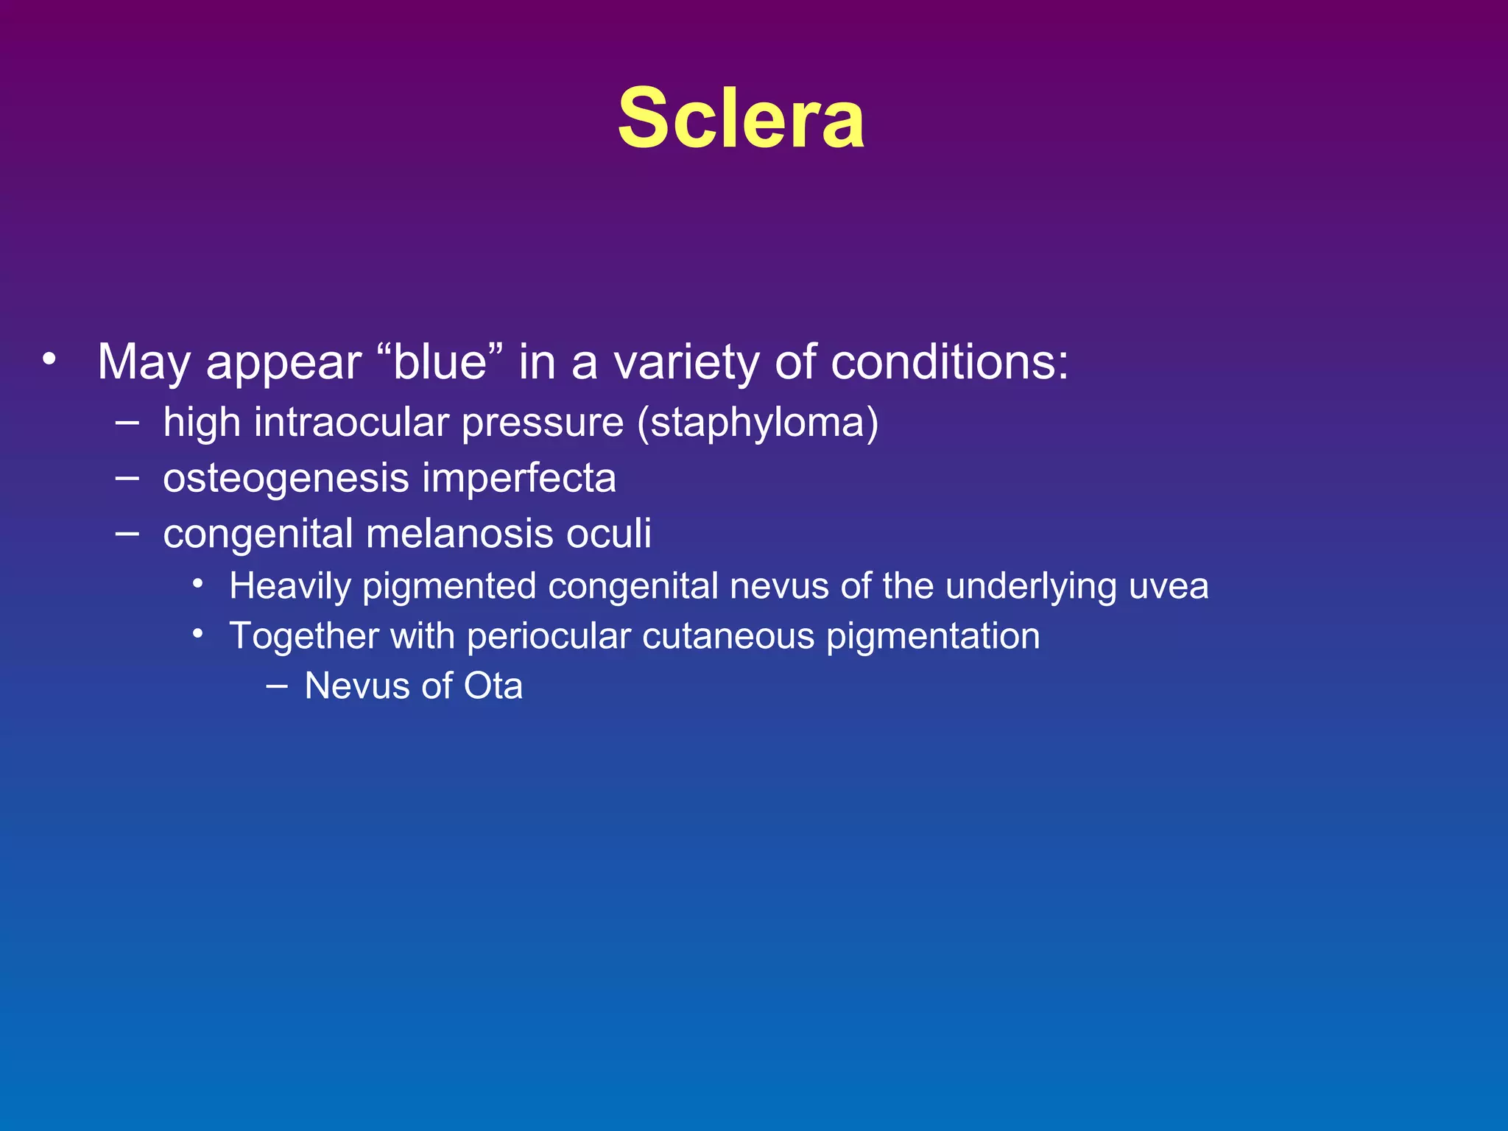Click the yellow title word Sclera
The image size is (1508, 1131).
(741, 119)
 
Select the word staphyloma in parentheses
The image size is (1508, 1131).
(758, 423)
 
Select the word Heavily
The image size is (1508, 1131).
(290, 587)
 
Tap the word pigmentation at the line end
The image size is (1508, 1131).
(933, 636)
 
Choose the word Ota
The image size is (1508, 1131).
(493, 686)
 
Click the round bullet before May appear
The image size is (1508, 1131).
(49, 359)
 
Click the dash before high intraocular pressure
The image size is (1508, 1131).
(127, 423)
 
